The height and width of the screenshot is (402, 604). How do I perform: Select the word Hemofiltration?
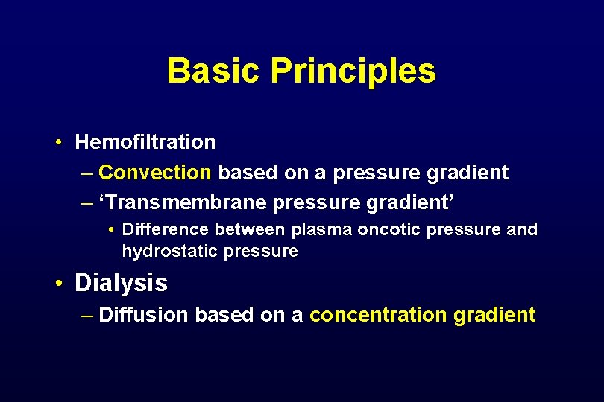145,141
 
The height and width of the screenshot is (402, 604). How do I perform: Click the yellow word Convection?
155,173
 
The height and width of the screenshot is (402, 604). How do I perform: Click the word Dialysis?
121,283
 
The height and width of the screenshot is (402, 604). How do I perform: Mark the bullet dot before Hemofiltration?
57,142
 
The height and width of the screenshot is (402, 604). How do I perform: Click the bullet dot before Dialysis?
57,284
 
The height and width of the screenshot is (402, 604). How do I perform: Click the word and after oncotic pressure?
522,229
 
